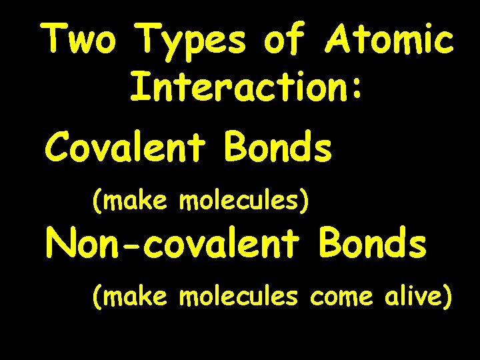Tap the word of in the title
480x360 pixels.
tap(284, 41)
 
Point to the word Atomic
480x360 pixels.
tap(389, 41)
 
